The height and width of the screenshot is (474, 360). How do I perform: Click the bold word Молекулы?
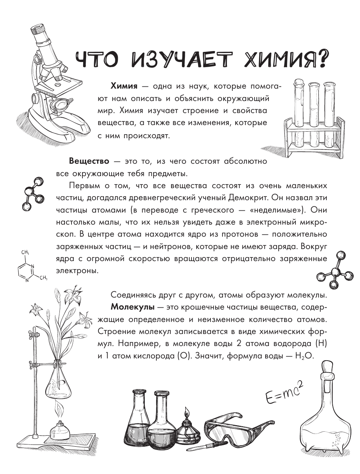point(133,307)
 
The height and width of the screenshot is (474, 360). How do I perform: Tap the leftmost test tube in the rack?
point(298,117)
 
